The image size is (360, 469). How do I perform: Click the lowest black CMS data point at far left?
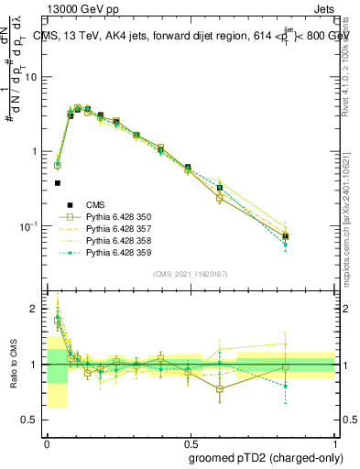click(58, 182)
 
